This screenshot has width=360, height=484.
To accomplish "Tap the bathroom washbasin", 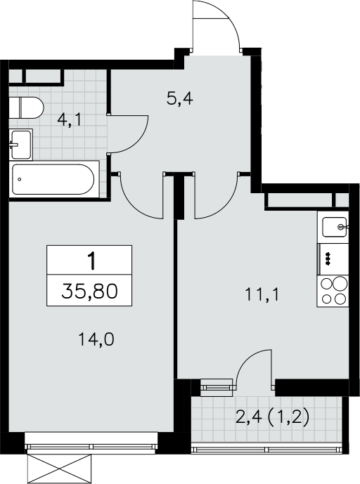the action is (20, 145).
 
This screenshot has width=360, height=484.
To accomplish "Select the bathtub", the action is (53, 179).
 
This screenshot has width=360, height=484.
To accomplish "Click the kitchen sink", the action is (335, 227).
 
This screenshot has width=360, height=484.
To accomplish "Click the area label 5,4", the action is (179, 99).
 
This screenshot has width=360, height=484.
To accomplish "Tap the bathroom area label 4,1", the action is (69, 119).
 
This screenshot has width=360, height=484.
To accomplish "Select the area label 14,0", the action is (96, 339).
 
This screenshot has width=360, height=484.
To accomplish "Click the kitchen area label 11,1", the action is (262, 294).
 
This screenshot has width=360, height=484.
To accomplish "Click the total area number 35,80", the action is (89, 291).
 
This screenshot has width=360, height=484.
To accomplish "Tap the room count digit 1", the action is (92, 261).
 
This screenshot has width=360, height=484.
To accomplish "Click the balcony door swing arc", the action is (247, 359).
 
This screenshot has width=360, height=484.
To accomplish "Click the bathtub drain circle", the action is (20, 179).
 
